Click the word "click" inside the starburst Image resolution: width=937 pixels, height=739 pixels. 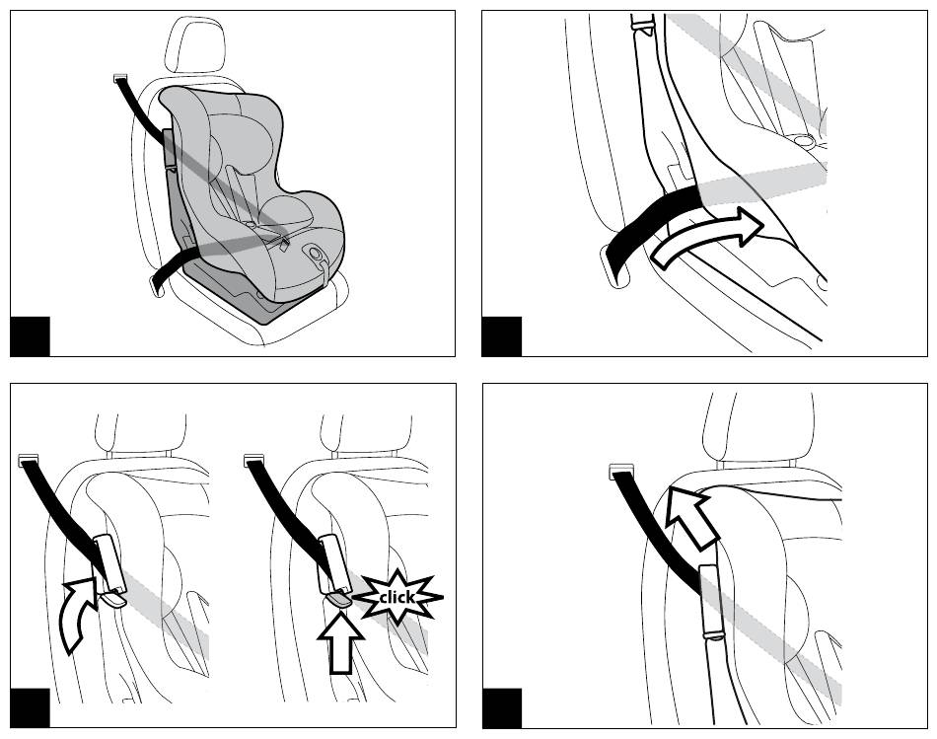coord(396,597)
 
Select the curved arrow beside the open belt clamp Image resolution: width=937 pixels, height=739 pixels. coord(78,613)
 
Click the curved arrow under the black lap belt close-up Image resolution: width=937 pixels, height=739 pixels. coord(708,236)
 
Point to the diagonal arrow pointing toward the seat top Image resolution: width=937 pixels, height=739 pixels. coord(690,518)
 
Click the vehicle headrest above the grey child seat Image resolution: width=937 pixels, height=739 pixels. coord(195,45)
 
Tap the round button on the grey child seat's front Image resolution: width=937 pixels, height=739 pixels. coord(315,253)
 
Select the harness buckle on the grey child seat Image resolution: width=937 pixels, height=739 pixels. coord(284,242)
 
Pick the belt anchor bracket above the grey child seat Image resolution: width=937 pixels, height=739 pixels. coord(120,77)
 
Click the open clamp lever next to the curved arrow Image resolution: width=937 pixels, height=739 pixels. coord(113,599)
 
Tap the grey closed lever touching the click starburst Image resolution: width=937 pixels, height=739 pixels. coord(339,599)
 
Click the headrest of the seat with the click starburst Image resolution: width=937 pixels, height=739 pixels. coord(366,433)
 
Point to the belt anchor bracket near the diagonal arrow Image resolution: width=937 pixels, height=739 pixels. coord(619,472)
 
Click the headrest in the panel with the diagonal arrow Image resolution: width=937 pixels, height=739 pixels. coord(758,427)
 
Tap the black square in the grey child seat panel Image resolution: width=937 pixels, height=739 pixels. coord(30,336)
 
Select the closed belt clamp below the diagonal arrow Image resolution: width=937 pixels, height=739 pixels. coord(711,601)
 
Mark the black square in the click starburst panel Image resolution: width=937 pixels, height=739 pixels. coord(30,707)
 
